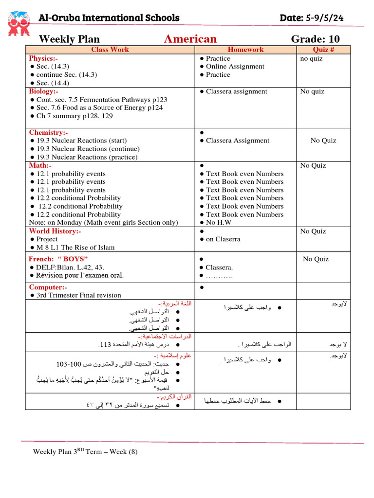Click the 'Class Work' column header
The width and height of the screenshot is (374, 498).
click(x=110, y=50)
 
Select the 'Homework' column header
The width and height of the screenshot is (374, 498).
click(x=245, y=50)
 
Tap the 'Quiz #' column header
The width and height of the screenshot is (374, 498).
click(x=323, y=50)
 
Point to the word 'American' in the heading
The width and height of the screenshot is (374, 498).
click(x=190, y=39)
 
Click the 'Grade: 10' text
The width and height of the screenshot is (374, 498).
click(x=315, y=39)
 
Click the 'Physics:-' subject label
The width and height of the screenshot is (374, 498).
click(x=43, y=58)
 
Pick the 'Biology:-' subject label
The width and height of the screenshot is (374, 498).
click(x=43, y=91)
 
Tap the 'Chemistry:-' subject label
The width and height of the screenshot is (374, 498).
click(x=48, y=132)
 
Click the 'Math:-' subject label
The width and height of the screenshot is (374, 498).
click(x=40, y=165)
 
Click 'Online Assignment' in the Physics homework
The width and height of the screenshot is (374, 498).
click(x=235, y=67)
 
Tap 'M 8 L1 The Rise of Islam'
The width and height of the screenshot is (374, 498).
click(x=75, y=248)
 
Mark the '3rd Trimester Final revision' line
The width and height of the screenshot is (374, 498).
click(x=78, y=295)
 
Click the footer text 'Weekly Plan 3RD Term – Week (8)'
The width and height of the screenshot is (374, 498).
click(x=85, y=452)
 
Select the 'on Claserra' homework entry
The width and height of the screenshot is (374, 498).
click(x=223, y=239)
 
